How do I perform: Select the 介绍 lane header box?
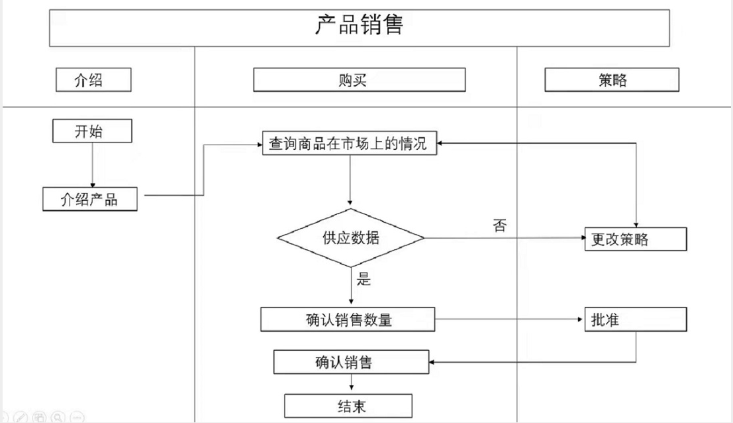(92, 80)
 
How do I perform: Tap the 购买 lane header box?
(359, 80)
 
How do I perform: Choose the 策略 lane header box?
(611, 80)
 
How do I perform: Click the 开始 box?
(92, 131)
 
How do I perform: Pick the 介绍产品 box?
(90, 199)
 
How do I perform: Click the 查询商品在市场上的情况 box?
(350, 143)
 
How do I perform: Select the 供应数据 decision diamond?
(350, 239)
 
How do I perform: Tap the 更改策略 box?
(635, 239)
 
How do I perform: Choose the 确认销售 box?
(352, 363)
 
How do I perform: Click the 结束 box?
(348, 405)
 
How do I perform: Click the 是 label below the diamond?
(364, 278)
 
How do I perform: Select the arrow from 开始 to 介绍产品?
(92, 164)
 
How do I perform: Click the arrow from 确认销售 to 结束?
(351, 384)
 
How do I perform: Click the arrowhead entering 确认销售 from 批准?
(432, 363)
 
